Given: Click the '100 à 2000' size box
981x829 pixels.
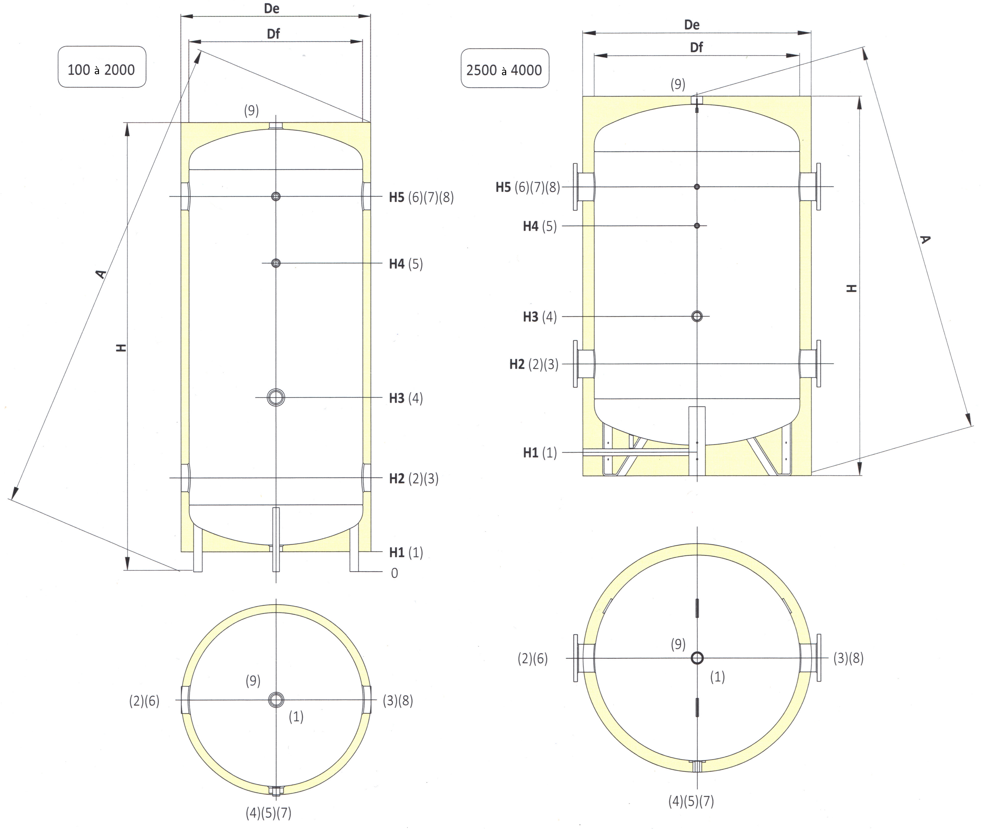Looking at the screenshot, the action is click(x=102, y=67).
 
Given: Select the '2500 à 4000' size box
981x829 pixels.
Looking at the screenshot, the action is click(x=505, y=68).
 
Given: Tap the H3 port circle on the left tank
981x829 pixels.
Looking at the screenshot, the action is click(x=276, y=397).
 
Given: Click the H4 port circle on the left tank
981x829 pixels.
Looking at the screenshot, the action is click(x=276, y=263).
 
